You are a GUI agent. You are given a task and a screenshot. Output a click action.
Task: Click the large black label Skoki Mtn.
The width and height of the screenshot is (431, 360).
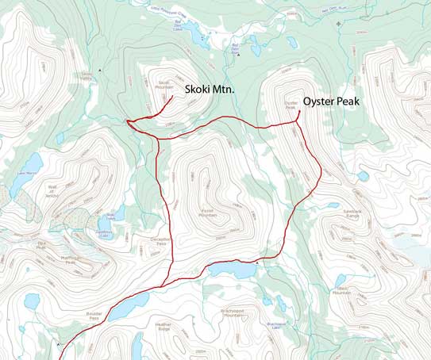[210, 90]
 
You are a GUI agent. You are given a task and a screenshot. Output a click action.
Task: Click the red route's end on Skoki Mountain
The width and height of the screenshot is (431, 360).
[174, 96]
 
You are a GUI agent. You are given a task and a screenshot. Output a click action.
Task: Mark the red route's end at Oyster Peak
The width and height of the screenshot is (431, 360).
[298, 110]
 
